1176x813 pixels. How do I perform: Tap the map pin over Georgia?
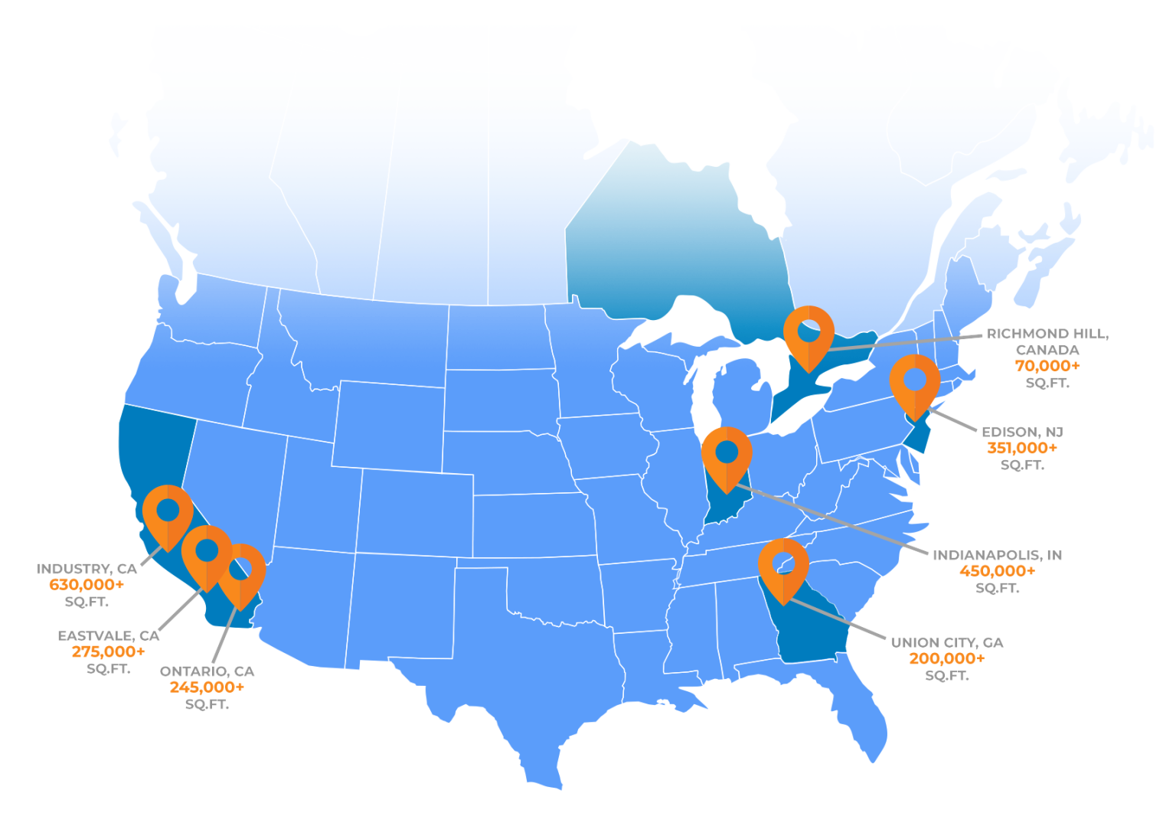click(783, 566)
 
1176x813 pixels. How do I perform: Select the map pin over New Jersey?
click(915, 382)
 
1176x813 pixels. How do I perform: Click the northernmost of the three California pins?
click(168, 512)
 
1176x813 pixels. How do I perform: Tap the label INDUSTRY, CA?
click(87, 569)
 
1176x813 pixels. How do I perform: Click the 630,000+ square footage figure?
click(87, 585)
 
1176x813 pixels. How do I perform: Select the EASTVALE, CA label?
click(109, 635)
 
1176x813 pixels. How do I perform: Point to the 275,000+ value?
click(109, 651)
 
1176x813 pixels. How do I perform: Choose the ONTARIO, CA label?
click(207, 671)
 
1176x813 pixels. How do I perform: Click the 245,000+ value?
click(207, 687)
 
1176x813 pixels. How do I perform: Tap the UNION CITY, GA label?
click(947, 642)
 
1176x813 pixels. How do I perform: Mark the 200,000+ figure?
click(947, 658)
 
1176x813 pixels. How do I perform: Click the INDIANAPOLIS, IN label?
click(997, 555)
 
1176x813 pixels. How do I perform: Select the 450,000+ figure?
click(997, 571)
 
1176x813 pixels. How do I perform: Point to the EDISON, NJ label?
click(1022, 432)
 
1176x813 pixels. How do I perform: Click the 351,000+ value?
click(1022, 448)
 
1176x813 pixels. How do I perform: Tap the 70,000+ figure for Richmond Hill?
click(1047, 366)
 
